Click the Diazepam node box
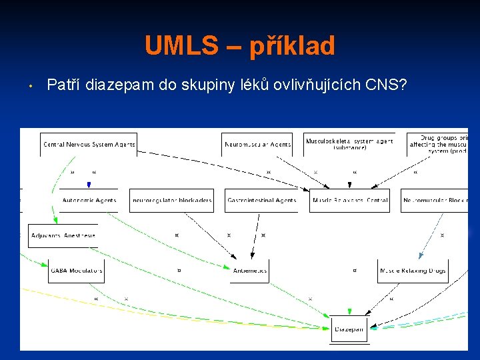pos(349,329)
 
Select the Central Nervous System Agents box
pos(89,144)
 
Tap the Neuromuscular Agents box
pos(257,144)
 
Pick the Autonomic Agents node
pos(89,200)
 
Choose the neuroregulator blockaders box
pos(172,200)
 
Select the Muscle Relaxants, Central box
pos(349,200)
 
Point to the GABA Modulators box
pos(76,271)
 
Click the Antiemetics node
pos(250,271)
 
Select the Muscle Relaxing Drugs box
pos(413,271)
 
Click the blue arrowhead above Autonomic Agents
pos(89,184)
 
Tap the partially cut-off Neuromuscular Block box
pos(434,200)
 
